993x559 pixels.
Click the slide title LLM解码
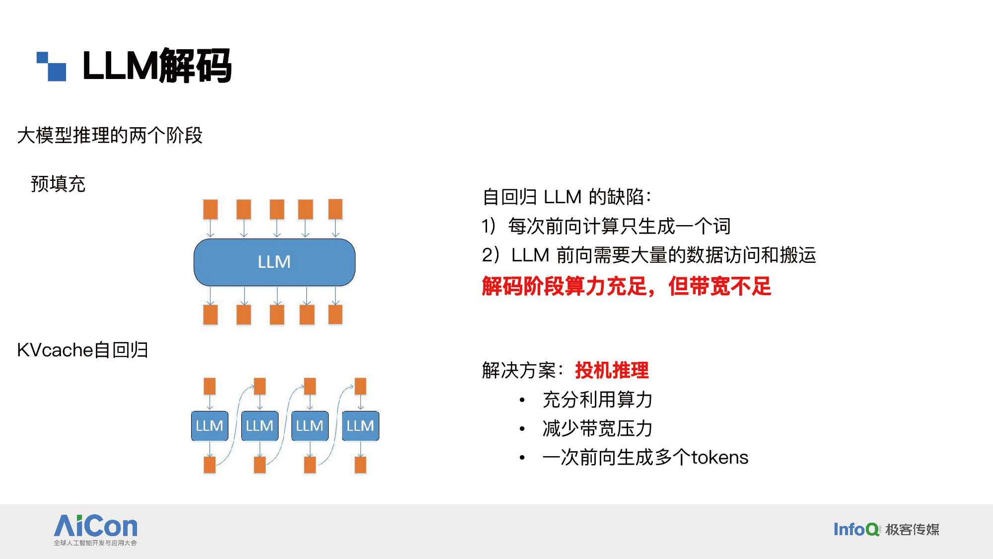(156, 66)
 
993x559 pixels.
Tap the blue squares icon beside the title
(52, 66)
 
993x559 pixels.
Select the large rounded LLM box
(274, 262)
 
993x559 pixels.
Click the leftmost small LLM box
(210, 426)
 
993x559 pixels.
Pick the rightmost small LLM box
(360, 426)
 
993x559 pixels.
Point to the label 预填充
(58, 184)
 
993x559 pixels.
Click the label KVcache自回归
(82, 350)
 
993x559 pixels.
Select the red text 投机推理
(612, 371)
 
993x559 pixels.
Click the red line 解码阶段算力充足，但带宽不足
(626, 286)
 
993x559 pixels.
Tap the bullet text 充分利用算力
(597, 399)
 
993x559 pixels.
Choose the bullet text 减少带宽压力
(597, 428)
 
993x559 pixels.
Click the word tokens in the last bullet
(719, 458)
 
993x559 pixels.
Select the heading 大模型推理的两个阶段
(110, 135)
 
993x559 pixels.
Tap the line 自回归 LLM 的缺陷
(567, 197)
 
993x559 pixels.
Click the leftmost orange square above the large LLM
(211, 209)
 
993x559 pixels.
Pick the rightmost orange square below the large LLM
(336, 315)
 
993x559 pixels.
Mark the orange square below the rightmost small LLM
(360, 465)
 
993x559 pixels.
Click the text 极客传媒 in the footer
(913, 530)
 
